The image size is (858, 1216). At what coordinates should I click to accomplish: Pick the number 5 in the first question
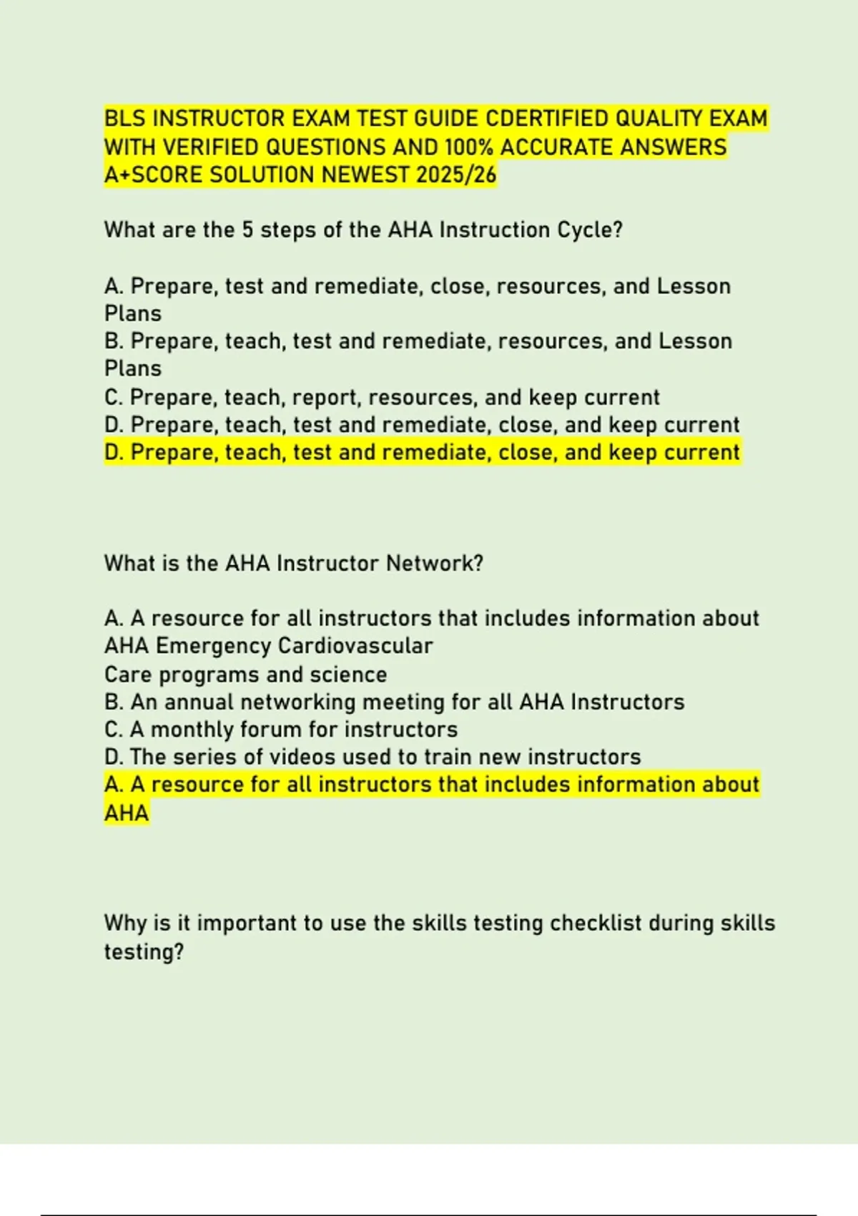coord(247,230)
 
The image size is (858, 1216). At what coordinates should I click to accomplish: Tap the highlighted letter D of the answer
coord(114,453)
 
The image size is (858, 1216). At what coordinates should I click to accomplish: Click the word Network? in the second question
coord(435,564)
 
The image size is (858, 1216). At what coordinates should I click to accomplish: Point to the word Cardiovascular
coord(355,646)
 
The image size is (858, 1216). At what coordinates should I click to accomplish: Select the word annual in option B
coord(199,702)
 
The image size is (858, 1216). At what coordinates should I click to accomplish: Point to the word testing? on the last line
coord(144,952)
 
